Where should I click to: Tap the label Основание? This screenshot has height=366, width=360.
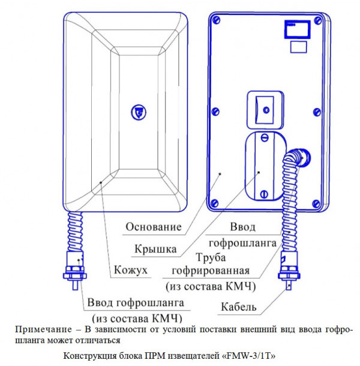154,227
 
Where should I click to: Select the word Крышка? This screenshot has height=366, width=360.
159,247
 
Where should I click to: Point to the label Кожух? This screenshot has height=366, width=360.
131,271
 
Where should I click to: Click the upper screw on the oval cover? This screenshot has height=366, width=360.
265,137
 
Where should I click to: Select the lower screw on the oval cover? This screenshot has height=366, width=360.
265,193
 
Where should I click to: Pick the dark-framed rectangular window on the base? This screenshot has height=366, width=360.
298,28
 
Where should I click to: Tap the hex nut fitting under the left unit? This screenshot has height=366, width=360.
74,274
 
